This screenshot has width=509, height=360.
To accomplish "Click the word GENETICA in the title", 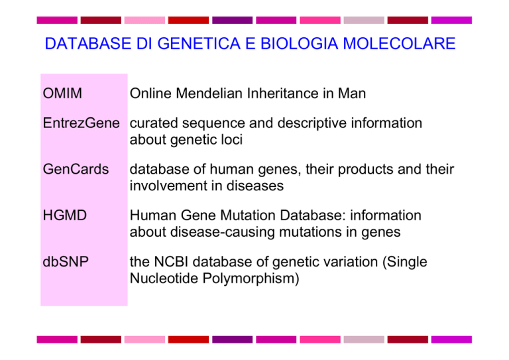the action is click(x=199, y=44).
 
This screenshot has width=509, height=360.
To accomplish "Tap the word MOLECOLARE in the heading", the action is click(x=399, y=44).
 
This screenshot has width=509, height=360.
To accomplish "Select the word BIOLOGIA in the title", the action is click(x=300, y=44).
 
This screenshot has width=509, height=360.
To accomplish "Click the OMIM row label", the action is click(x=62, y=93).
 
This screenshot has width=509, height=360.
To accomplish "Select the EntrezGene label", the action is click(x=81, y=123).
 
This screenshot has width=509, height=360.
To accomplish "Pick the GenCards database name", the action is click(x=76, y=169).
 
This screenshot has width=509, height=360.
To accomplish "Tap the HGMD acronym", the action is click(x=64, y=215).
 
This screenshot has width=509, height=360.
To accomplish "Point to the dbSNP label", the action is click(x=66, y=262).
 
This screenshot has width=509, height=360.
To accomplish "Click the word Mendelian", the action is click(x=209, y=93).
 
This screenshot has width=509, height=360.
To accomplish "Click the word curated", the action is click(x=154, y=123).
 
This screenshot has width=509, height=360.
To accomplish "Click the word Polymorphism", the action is click(x=251, y=278).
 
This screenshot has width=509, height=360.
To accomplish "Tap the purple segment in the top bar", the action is click(x=233, y=20).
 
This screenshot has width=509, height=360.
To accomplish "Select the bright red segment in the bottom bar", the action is click(x=189, y=339).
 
